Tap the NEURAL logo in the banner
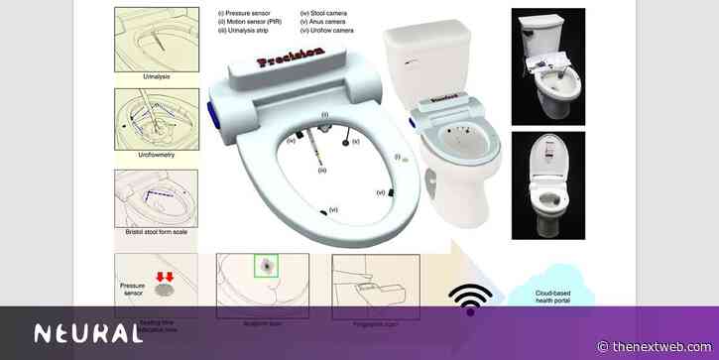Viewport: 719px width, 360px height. [88, 333]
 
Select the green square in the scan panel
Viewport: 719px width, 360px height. [266, 266]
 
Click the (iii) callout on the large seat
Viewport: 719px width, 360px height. [320, 171]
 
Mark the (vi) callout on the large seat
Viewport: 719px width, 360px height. [333, 209]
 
